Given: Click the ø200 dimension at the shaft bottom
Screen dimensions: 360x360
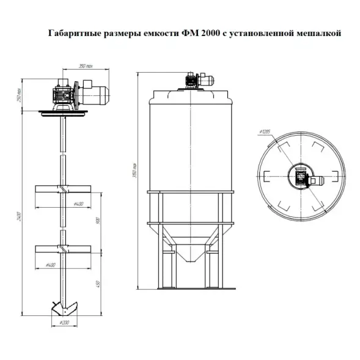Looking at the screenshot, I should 62,321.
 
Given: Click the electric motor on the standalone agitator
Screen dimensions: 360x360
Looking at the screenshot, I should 95,94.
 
